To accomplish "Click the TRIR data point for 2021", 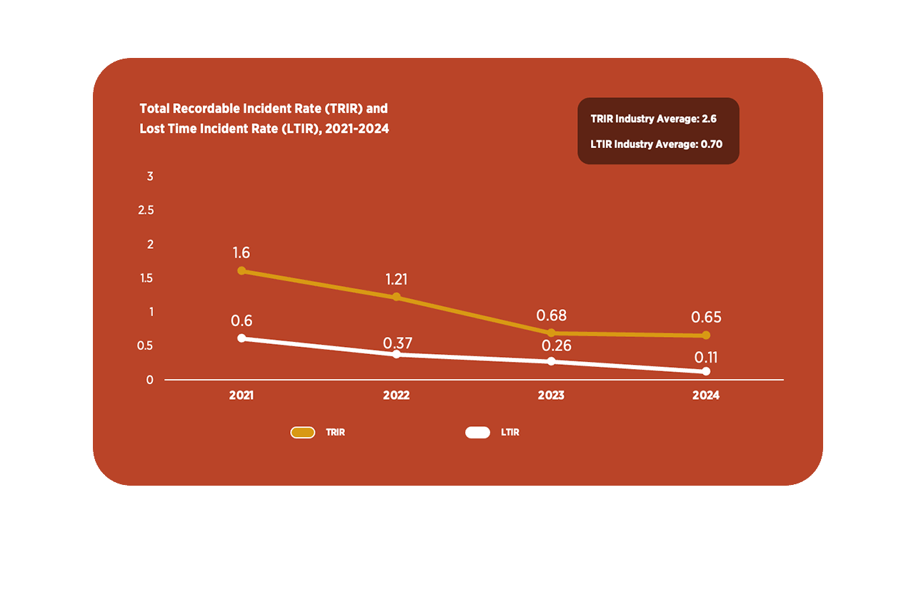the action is (242, 271).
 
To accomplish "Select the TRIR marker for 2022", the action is (397, 297).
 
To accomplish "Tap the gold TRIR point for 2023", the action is (551, 333).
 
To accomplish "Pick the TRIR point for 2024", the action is (706, 335).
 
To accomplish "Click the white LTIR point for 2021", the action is (242, 338).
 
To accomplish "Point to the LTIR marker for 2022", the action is (397, 354).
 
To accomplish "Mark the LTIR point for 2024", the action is (706, 371).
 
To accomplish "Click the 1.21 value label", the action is (397, 280).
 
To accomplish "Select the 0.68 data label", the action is (551, 315).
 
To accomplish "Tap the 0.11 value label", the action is (706, 358).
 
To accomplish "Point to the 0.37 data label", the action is (397, 343).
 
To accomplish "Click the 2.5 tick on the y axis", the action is (146, 210).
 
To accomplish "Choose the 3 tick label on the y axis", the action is (150, 177).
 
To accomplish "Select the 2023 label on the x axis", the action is (551, 396).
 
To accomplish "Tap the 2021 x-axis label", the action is (242, 396).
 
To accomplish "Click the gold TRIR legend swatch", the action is (303, 432).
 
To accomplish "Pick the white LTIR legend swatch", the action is (477, 432).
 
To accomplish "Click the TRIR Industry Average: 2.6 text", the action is (654, 119).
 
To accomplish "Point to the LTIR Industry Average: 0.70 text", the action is (657, 144).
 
